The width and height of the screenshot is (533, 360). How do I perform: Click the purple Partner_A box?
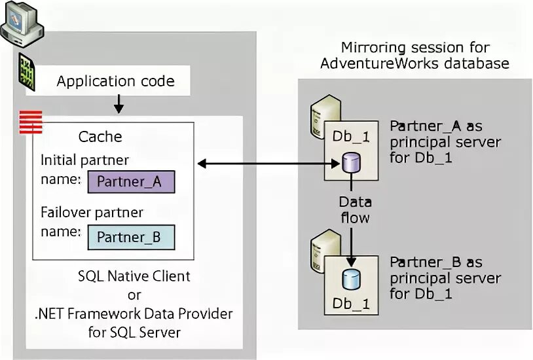pyautogui.click(x=131, y=181)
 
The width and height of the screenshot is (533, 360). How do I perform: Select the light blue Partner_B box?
pyautogui.click(x=131, y=236)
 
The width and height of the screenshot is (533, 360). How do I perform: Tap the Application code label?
pyautogui.click(x=115, y=82)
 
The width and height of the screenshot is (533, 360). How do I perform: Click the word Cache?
pyautogui.click(x=100, y=137)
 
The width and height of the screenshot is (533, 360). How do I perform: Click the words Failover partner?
pyautogui.click(x=92, y=213)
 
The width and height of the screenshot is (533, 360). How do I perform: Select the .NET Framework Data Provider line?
pyautogui.click(x=134, y=314)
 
